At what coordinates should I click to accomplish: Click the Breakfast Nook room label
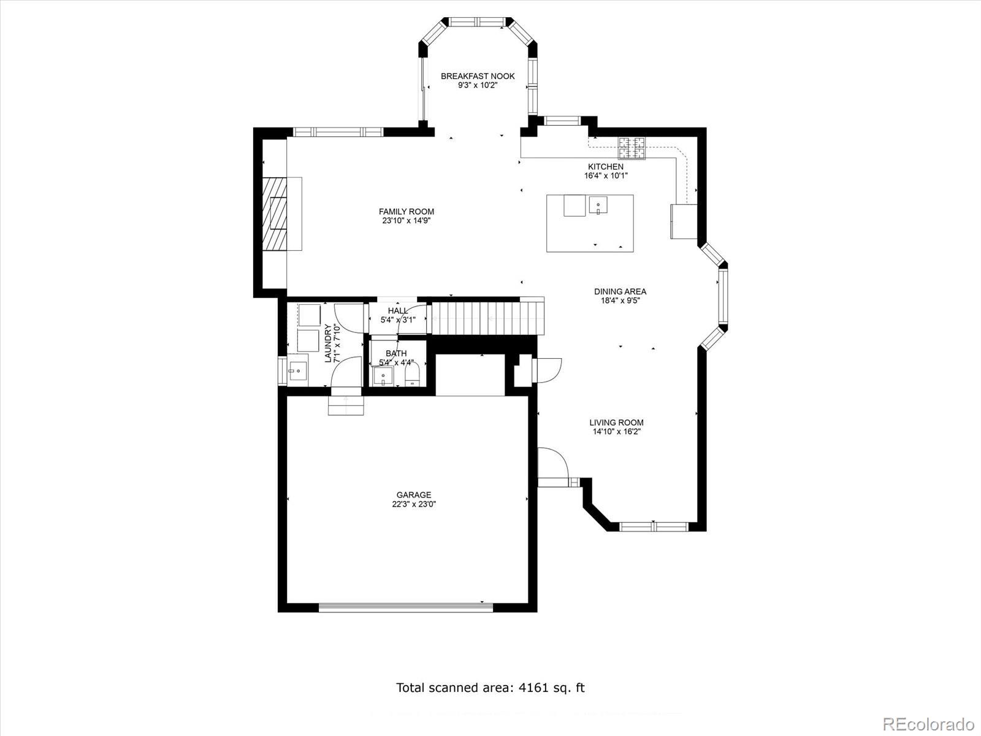(x=478, y=76)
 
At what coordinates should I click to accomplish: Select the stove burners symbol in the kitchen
(x=632, y=148)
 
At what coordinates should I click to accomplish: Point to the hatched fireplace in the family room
(x=279, y=213)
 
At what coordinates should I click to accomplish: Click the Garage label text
(x=413, y=495)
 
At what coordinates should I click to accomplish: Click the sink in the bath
(x=383, y=375)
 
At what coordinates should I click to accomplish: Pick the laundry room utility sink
(x=298, y=370)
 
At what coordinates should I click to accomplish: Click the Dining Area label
(x=620, y=292)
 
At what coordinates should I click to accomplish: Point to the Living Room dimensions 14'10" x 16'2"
(x=616, y=432)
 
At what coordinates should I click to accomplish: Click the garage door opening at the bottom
(x=405, y=608)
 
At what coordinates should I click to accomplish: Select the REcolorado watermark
(x=928, y=723)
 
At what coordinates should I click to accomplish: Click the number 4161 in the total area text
(x=533, y=688)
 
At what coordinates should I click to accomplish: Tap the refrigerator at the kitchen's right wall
(x=684, y=221)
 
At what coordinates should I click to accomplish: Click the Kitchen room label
(x=606, y=167)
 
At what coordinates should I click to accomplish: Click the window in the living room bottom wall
(x=654, y=526)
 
